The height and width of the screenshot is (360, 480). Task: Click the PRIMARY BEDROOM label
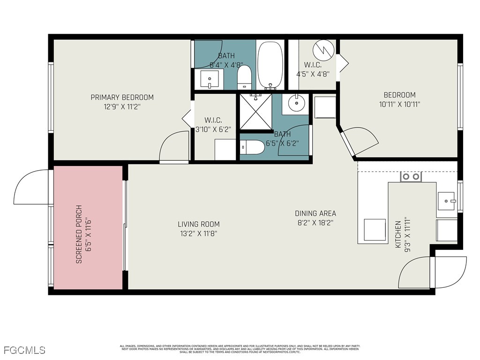click(122, 97)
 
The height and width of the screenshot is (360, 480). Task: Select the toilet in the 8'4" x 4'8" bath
click(245, 77)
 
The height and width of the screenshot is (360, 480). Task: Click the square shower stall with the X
click(256, 112)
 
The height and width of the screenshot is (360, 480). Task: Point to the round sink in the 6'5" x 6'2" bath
click(296, 103)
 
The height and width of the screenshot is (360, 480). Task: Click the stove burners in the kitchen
click(411, 177)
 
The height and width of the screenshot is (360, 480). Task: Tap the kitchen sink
click(446, 201)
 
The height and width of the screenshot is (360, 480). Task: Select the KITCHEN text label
click(398, 234)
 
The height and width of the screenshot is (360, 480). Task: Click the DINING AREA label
click(315, 213)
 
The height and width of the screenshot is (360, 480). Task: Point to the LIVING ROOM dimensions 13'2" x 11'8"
click(198, 232)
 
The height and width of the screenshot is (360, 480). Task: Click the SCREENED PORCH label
click(79, 233)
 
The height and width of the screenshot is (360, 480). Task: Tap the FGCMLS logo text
click(24, 350)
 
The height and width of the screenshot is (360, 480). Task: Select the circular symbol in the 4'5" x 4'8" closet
click(324, 49)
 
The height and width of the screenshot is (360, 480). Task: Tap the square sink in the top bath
click(210, 79)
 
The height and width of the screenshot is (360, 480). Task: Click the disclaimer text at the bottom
click(240, 349)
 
